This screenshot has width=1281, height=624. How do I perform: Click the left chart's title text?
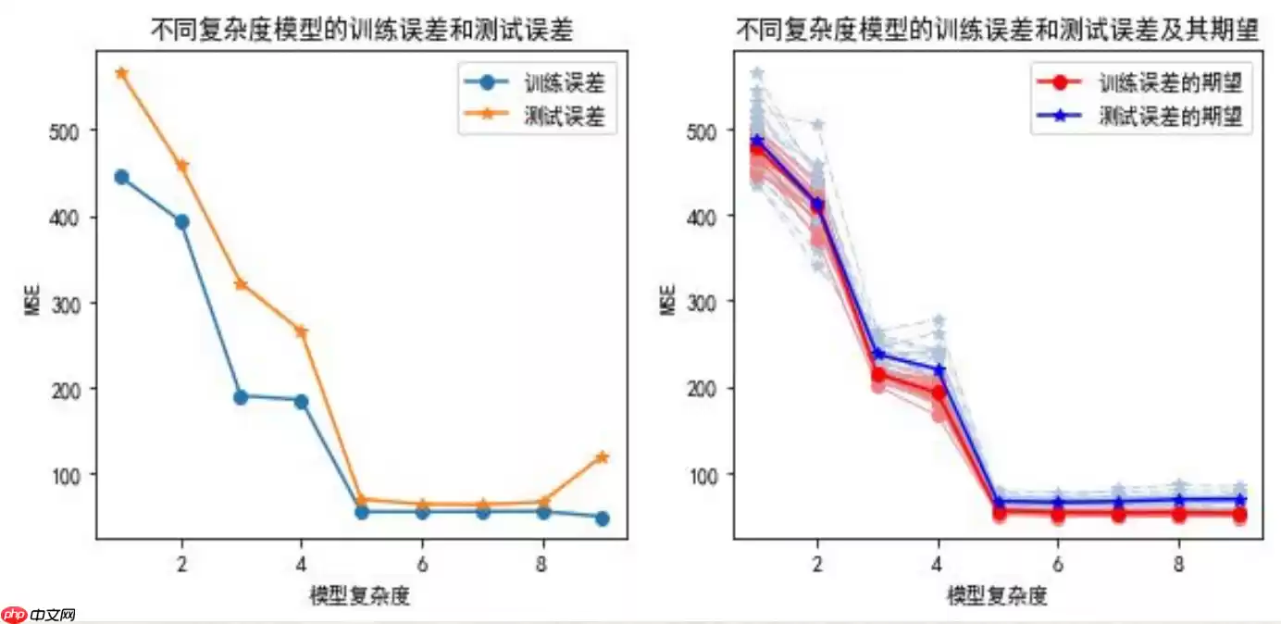point(362,31)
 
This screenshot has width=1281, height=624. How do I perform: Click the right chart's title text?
point(998,31)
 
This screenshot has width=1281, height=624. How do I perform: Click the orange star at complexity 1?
point(121,73)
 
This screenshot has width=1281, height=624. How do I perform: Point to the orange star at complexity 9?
point(603,456)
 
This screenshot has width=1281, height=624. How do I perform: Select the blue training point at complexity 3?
point(241,397)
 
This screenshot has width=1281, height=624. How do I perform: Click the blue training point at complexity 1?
point(121,177)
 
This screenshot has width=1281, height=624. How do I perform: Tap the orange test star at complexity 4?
point(301,331)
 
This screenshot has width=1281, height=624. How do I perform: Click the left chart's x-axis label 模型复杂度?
point(360,595)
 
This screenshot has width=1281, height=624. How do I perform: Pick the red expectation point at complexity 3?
point(878,375)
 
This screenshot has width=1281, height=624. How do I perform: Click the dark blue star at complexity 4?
point(939,369)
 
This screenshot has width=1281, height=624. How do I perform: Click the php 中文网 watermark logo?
point(38,614)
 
